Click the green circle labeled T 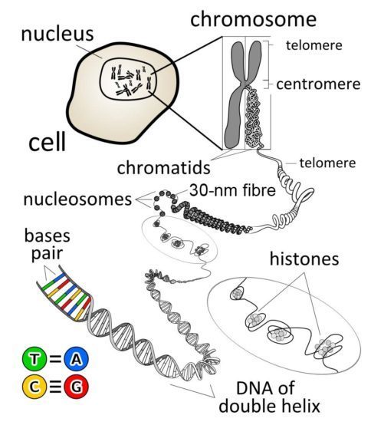click(x=34, y=359)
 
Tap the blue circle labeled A click(x=77, y=359)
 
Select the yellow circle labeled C click(x=34, y=387)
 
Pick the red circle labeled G click(x=77, y=387)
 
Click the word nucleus click(x=57, y=35)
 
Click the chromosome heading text click(x=254, y=19)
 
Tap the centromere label click(x=318, y=84)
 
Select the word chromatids click(x=164, y=167)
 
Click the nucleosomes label click(x=77, y=199)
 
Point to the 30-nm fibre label click(x=232, y=190)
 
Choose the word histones click(x=304, y=259)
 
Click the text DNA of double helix click(x=270, y=397)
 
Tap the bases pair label click(x=48, y=245)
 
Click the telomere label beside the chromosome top click(x=314, y=45)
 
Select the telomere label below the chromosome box click(x=327, y=163)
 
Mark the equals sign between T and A click(x=55, y=359)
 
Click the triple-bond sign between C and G click(x=55, y=387)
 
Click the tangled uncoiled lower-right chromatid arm click(x=254, y=118)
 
